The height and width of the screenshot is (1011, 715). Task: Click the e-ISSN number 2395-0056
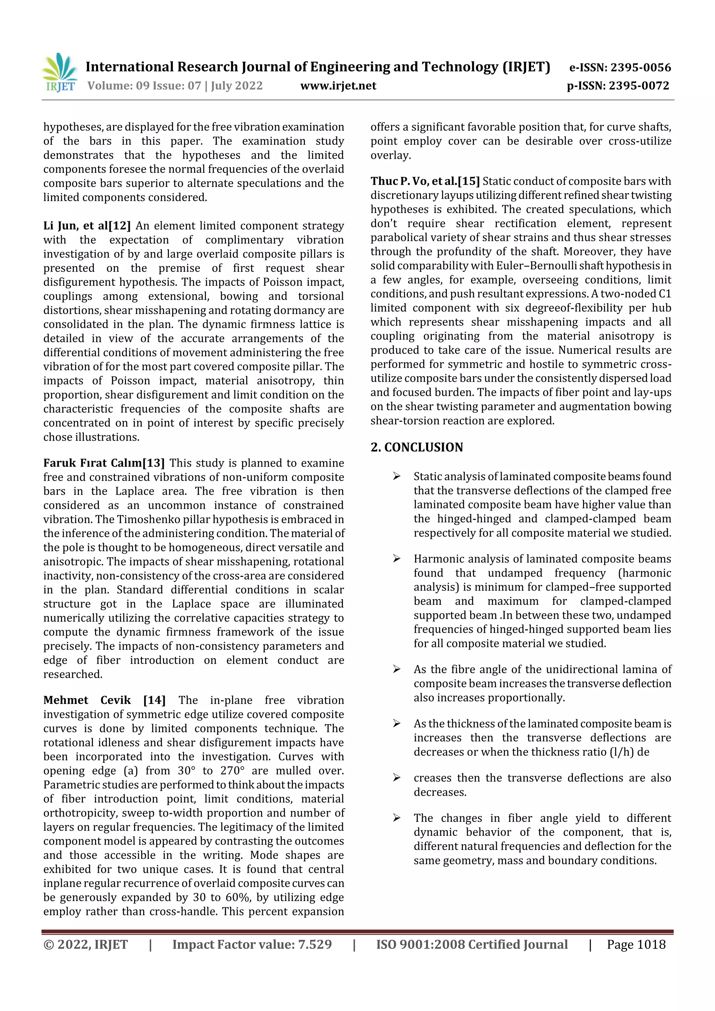[x=640, y=67]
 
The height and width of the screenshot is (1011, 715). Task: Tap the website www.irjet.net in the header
[x=338, y=86]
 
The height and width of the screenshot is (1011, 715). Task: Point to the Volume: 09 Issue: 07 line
[x=175, y=86]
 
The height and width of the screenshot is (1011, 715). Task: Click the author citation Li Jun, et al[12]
[x=87, y=226]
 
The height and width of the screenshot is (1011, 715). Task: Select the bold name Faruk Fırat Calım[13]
[x=104, y=463]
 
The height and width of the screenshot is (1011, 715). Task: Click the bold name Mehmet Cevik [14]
[x=104, y=700]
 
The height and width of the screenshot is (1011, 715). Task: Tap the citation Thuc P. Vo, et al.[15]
[x=425, y=181]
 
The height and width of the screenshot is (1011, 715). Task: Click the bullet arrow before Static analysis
[x=397, y=476]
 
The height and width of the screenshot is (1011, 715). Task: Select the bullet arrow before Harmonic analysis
[x=397, y=559]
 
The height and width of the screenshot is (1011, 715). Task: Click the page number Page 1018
[x=636, y=944]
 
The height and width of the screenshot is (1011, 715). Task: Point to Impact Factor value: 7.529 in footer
[x=252, y=944]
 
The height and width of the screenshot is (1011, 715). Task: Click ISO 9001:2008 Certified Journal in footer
[x=471, y=944]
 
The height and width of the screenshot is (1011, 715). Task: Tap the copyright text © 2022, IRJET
[x=86, y=944]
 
